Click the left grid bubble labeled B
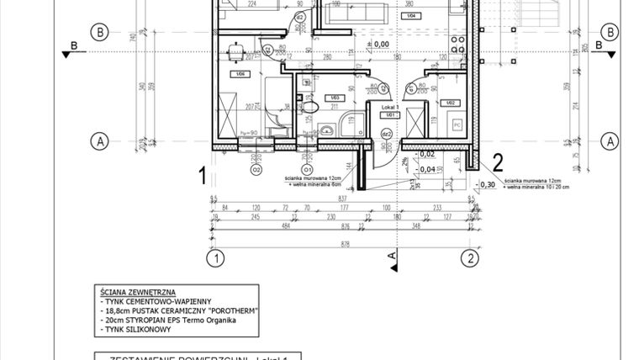tap(101, 33)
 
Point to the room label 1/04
tap(410, 16)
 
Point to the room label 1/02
tap(451, 102)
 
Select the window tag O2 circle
tap(256, 167)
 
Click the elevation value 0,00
tap(380, 44)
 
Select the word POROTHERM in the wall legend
tap(231, 310)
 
